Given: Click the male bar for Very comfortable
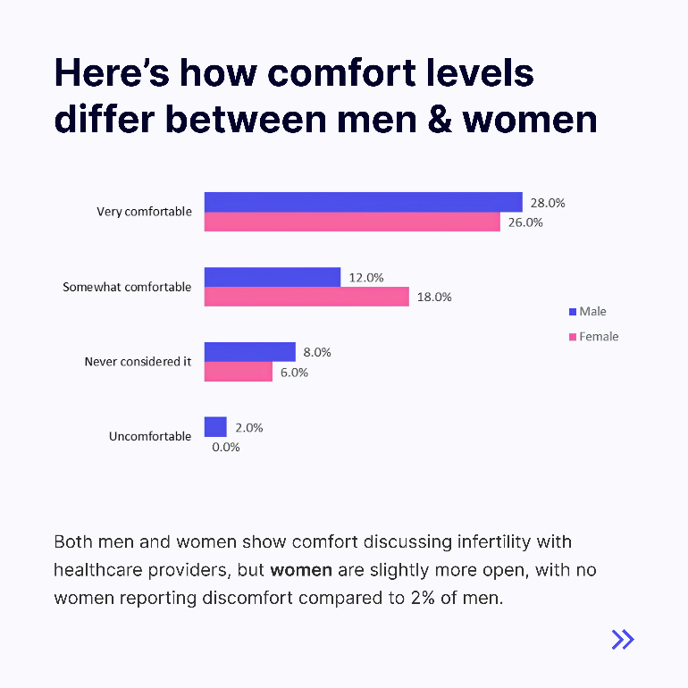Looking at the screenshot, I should pos(363,202).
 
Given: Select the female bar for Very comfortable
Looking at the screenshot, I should pos(352,222).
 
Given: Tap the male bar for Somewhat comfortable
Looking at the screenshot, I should pos(273,277).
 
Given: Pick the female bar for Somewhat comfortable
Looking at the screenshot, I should pos(306,298).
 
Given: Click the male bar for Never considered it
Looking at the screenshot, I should pos(249,352).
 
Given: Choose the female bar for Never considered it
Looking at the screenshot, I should pos(239,372).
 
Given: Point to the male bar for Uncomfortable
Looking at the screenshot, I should pos(215,427).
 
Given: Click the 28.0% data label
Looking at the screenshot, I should pos(547,203).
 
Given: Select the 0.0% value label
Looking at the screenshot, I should pos(225,447).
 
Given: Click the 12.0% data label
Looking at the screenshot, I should pos(365,278).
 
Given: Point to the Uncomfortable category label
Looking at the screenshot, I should pos(150,437).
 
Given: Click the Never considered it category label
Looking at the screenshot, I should pos(138,362).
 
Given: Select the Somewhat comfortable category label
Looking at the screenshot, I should pos(127,288).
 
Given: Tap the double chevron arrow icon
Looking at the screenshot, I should pos(623,639).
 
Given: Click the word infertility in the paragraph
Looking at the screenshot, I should pos(471,542).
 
